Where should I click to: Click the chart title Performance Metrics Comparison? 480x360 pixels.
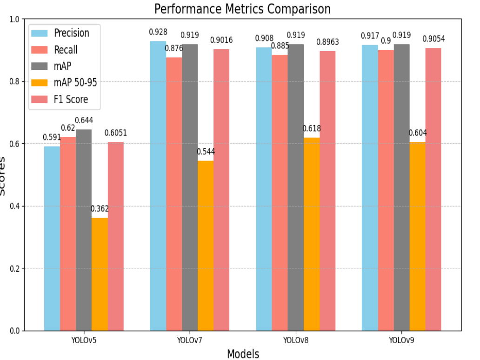(x=242, y=9)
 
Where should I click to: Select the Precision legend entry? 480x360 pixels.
(x=71, y=33)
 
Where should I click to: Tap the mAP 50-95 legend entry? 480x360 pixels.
(x=74, y=83)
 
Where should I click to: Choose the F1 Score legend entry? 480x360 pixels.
(x=71, y=100)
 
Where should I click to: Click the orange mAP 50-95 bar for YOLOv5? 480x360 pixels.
(x=100, y=274)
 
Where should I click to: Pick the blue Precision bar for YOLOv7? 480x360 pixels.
(x=158, y=186)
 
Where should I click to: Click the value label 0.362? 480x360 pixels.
(x=100, y=209)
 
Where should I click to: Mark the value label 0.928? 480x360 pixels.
(x=158, y=32)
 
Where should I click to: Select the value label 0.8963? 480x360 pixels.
(x=327, y=42)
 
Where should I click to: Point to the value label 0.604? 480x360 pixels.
(x=417, y=133)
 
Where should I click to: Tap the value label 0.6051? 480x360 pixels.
(x=115, y=133)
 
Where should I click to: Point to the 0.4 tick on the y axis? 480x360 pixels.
(x=18, y=206)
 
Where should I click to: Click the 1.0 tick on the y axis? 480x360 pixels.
(x=18, y=20)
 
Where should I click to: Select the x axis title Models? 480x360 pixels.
(x=243, y=354)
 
